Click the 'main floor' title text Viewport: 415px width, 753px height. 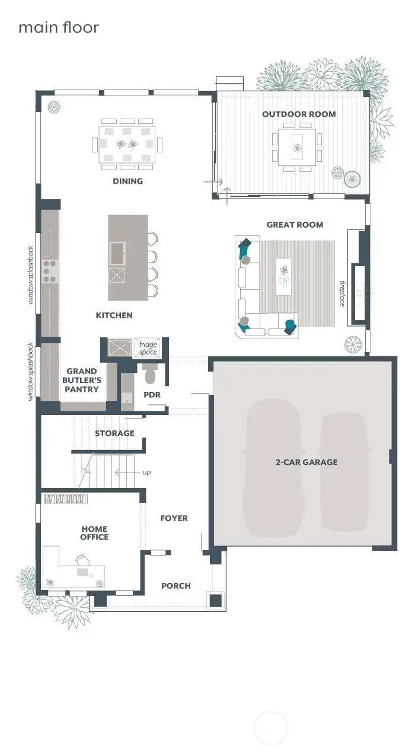click(58, 27)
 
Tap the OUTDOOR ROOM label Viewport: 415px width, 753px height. click(299, 114)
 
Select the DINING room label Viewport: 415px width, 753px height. click(128, 181)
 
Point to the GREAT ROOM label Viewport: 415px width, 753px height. click(295, 225)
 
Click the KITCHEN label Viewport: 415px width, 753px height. click(114, 315)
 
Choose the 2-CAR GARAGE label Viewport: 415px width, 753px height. click(307, 462)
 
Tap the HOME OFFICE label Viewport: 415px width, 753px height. click(95, 533)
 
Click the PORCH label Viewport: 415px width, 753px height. click(176, 586)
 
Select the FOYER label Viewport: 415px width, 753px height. click(174, 518)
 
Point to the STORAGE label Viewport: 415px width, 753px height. click(114, 433)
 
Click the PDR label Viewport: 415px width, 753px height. click(152, 395)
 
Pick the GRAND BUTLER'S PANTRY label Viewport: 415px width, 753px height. click(82, 380)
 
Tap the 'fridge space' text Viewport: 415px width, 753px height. click(148, 348)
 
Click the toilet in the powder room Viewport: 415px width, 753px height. click(149, 374)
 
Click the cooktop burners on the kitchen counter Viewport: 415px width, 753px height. click(49, 271)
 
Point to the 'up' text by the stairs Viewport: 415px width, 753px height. click(146, 473)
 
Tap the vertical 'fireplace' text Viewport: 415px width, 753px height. click(342, 293)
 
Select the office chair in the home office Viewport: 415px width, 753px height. click(82, 560)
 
